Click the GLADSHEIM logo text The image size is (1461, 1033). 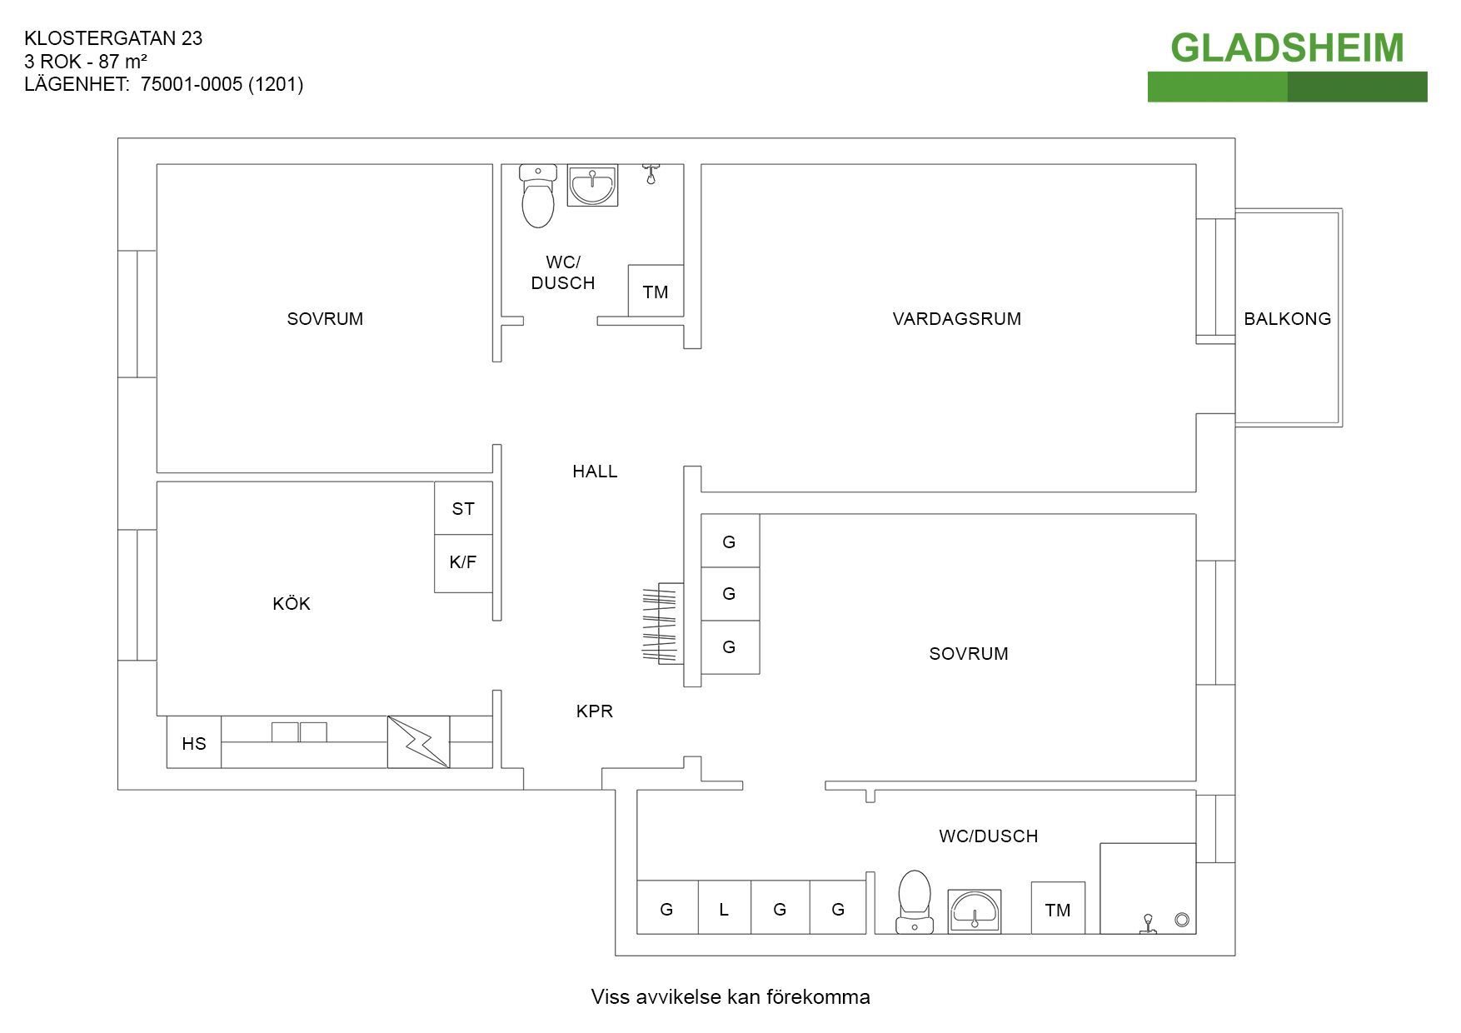coord(1287,47)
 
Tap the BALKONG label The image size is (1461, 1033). coord(1287,318)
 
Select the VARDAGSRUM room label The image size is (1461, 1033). coord(956,318)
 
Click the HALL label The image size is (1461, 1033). coord(595,472)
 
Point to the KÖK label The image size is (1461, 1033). coord(292,604)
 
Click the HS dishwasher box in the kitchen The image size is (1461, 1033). coord(194,742)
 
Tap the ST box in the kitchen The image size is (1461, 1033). coord(463,508)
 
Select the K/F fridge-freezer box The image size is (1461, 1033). coord(463,562)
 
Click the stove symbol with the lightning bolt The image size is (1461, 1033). coord(418,741)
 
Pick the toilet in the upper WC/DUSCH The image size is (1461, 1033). coord(538,197)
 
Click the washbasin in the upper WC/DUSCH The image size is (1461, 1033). coord(592,184)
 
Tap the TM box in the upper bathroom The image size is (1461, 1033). coord(656,292)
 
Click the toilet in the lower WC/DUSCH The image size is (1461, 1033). coord(915,901)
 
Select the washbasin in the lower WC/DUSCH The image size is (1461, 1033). coord(975,911)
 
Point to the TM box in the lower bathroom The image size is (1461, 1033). coord(1058,910)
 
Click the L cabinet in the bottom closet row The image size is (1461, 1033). coord(724,909)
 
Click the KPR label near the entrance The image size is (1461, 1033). coord(595,711)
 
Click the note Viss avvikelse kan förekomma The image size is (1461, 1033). coord(730,997)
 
